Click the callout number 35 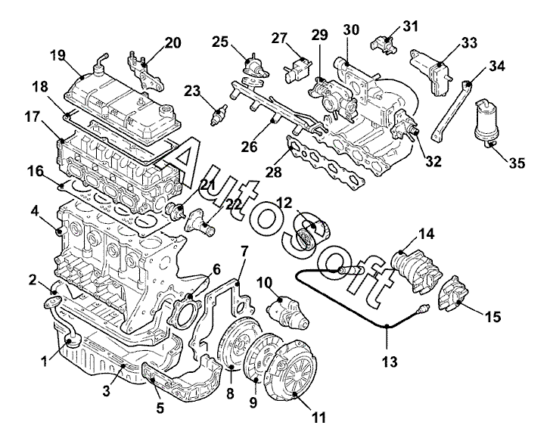(x=516, y=163)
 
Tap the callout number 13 (x=390, y=362)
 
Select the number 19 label (x=58, y=55)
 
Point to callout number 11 (x=319, y=418)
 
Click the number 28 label (x=274, y=172)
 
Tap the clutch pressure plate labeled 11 (x=292, y=370)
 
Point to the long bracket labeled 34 (x=452, y=110)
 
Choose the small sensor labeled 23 (x=219, y=115)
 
